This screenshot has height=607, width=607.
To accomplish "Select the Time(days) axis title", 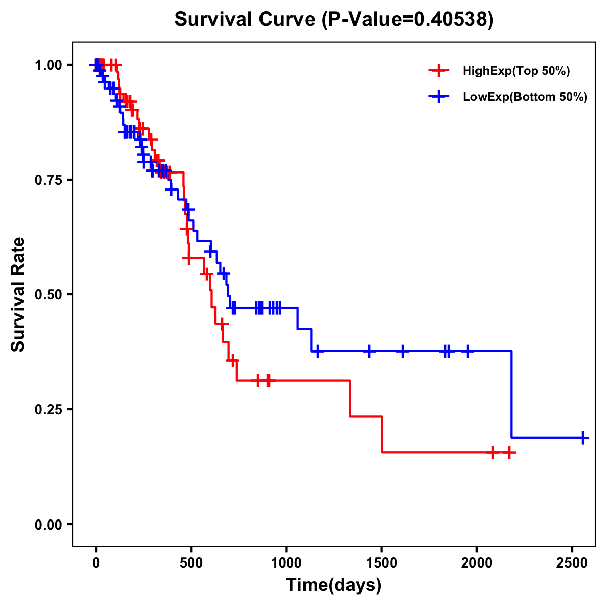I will coord(334,585).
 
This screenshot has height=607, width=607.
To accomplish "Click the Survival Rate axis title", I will coord(18,294).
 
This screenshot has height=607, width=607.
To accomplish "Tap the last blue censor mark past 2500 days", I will coord(583,438).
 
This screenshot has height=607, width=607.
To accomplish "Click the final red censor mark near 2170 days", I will coord(509,453).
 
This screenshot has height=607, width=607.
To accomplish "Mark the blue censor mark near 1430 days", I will coord(369,351).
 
